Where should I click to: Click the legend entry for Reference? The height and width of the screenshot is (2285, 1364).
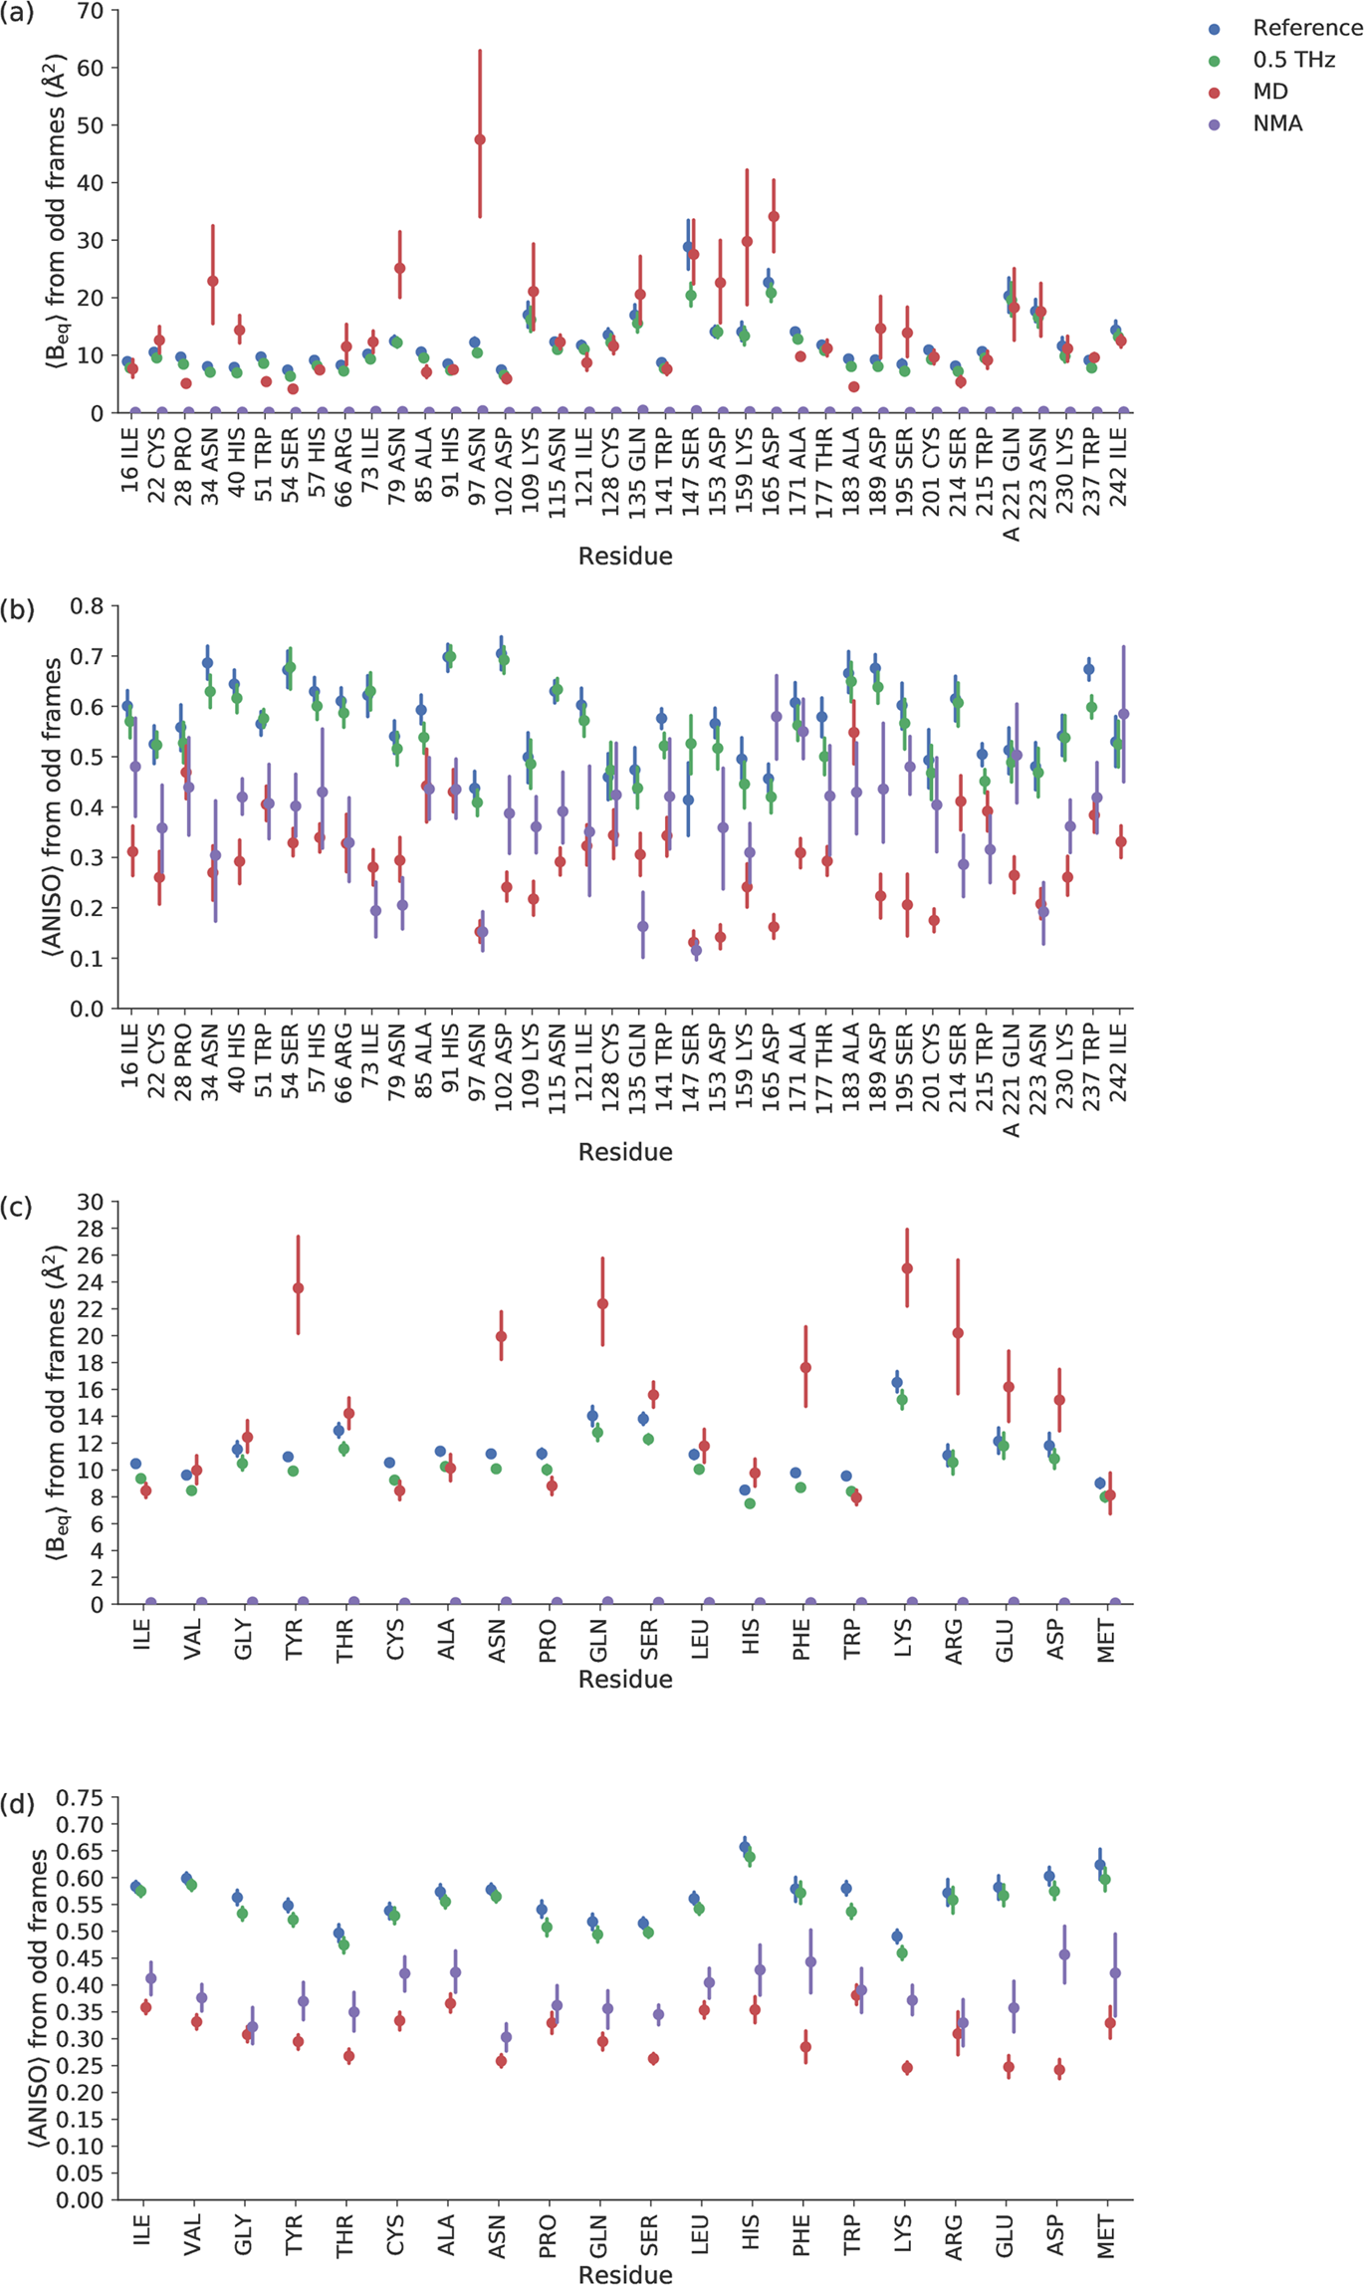[x=1306, y=28]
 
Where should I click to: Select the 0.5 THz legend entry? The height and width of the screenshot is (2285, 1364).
[x=1293, y=60]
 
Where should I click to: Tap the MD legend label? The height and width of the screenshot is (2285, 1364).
[x=1270, y=92]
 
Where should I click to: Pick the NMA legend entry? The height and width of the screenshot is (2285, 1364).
[x=1277, y=123]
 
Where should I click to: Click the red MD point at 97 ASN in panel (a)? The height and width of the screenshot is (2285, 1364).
[x=480, y=139]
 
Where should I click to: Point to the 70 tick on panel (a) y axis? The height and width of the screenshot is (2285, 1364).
[x=93, y=11]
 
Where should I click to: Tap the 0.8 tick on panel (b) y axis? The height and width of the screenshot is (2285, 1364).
[x=88, y=606]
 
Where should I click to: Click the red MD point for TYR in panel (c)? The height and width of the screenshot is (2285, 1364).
[x=298, y=1288]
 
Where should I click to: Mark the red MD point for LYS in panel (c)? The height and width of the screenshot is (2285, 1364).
[x=907, y=1268]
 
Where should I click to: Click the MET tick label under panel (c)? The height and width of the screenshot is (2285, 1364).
[x=1106, y=1640]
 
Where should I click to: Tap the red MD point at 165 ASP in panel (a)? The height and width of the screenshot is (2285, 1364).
[x=774, y=216]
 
